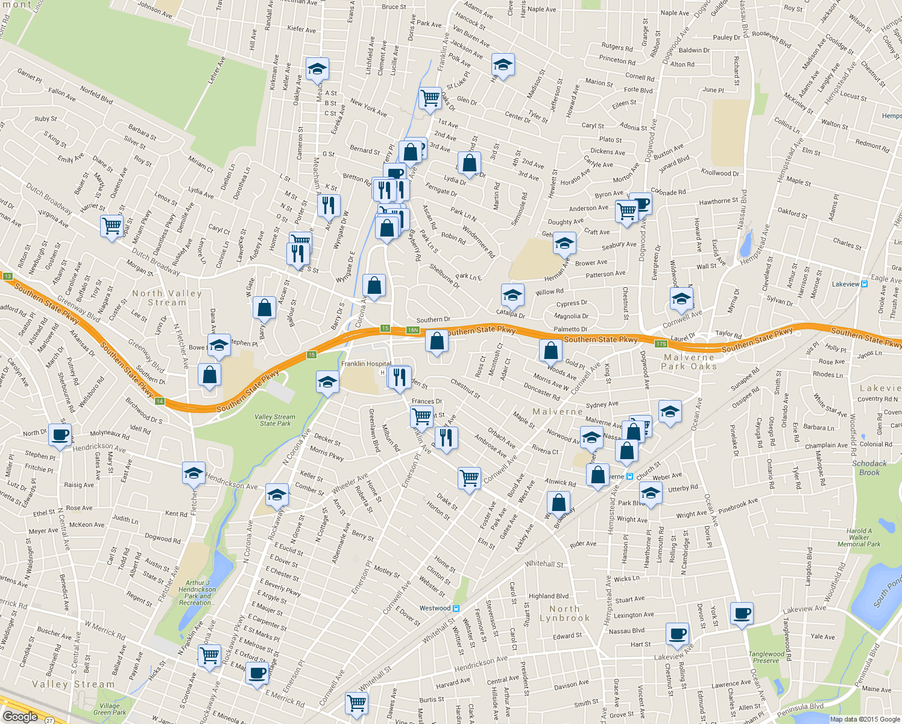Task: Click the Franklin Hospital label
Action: [366, 364]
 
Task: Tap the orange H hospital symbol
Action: [381, 372]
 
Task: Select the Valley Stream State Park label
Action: [275, 420]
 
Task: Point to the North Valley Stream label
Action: [167, 297]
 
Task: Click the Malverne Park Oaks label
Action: [690, 362]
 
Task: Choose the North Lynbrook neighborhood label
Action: [564, 613]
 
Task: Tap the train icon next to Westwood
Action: [456, 608]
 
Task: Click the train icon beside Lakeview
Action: [865, 284]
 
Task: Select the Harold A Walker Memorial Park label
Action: [859, 538]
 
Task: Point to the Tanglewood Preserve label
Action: [766, 657]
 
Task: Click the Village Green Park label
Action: [110, 709]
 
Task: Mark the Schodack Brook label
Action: [869, 468]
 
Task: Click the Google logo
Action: [20, 717]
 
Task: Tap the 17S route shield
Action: [661, 344]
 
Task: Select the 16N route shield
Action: [412, 330]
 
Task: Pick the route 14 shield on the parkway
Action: [159, 401]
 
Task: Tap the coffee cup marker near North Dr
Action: [60, 434]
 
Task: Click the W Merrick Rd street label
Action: [105, 630]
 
